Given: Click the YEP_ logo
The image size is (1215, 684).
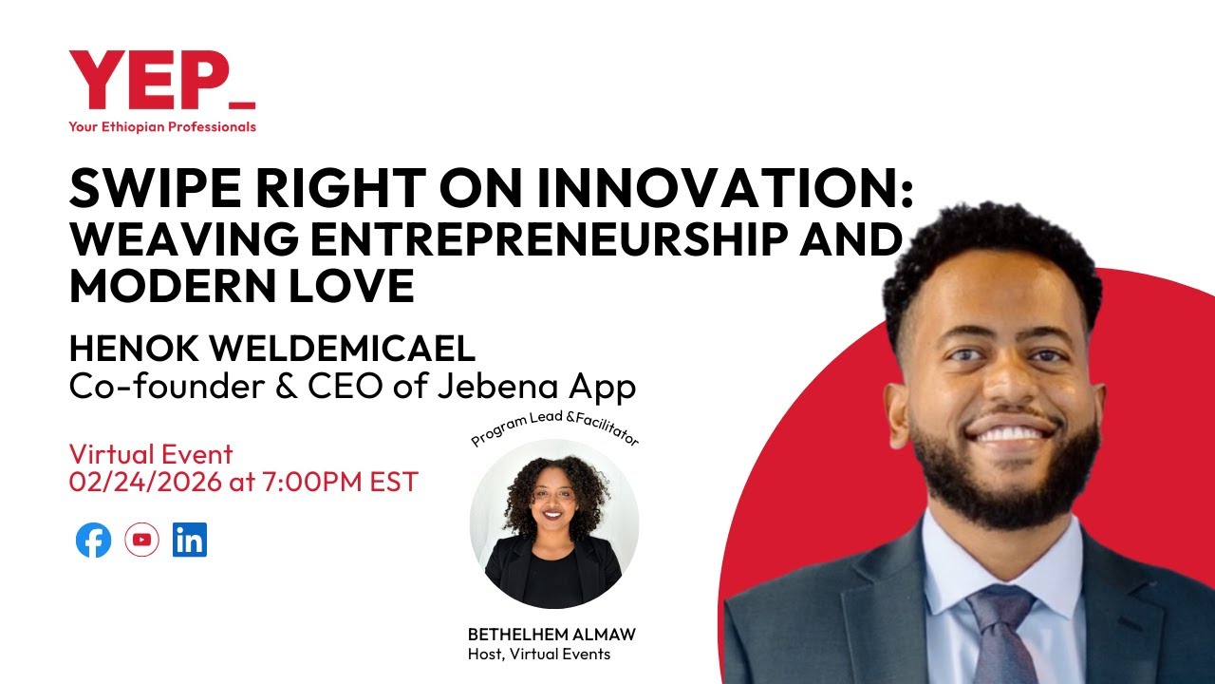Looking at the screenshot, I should coord(161,82).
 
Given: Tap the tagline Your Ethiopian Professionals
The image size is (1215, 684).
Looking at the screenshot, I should coord(162,127).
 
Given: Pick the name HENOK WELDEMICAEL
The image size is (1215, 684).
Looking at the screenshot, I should coord(272,349).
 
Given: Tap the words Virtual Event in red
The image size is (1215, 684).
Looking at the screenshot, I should coord(151,454).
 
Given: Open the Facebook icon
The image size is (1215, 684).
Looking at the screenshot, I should coord(93,541).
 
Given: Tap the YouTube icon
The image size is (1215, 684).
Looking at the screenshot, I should coord(141,541).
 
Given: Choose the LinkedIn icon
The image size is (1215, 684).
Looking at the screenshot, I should coord(190,541).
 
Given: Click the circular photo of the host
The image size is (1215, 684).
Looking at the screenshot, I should coord(553,523).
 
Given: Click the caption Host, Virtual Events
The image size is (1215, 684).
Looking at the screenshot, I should coord(539,654).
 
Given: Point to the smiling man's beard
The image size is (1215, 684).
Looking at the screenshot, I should coord(1006,494).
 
